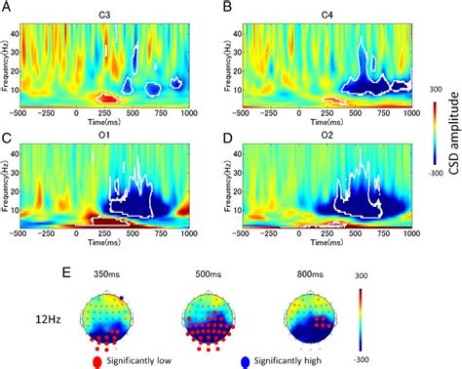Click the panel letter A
coord(7,8)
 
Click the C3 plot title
coord(118,9)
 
